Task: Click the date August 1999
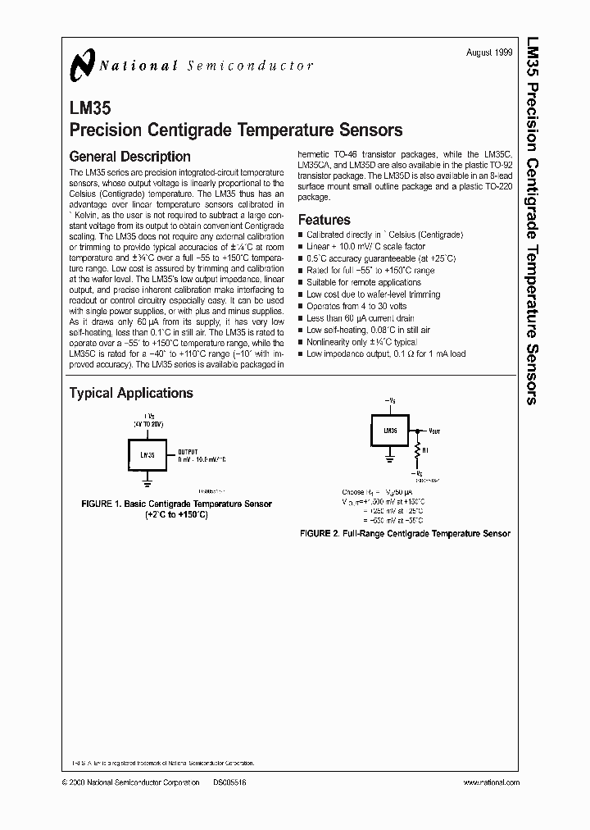[489, 52]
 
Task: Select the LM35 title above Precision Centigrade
[84, 107]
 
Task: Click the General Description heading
[129, 157]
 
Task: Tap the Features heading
[324, 220]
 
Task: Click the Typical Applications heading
[131, 393]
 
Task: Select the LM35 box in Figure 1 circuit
[147, 454]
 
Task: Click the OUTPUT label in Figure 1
[189, 451]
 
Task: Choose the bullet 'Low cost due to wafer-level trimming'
[372, 294]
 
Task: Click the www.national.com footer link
[491, 783]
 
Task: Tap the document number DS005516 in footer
[229, 783]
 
